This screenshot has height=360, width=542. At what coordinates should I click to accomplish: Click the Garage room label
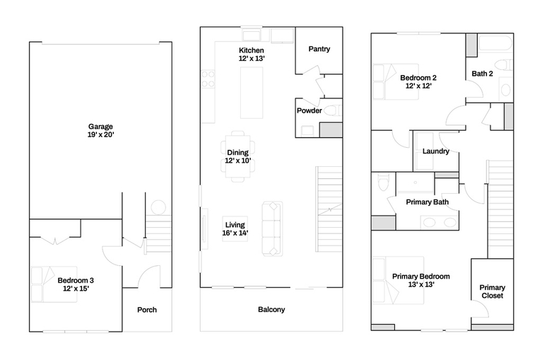100,127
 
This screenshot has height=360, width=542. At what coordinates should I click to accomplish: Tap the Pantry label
319,49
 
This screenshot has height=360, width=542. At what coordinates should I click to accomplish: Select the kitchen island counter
252,93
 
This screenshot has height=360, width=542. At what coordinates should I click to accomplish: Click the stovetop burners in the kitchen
208,79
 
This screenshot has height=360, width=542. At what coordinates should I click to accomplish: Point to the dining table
238,156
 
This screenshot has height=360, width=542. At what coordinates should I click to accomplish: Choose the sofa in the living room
272,229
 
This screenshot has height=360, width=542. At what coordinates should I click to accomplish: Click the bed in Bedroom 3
54,284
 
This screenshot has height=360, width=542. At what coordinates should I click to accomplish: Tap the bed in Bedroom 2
396,81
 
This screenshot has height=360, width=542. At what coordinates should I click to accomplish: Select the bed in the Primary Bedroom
399,280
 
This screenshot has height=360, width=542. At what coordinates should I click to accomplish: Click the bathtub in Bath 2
495,43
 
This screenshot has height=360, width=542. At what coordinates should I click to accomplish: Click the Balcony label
271,310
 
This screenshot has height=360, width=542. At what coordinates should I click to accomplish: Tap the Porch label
147,310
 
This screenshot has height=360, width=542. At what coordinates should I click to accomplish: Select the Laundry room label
436,151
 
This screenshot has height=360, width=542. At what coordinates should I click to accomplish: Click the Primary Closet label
493,291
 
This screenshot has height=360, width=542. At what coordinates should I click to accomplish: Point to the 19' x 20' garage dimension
100,135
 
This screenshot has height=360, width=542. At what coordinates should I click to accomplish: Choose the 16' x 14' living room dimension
235,233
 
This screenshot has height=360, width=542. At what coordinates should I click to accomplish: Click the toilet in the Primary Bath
384,182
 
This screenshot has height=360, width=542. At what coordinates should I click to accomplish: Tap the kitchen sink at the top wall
252,35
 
